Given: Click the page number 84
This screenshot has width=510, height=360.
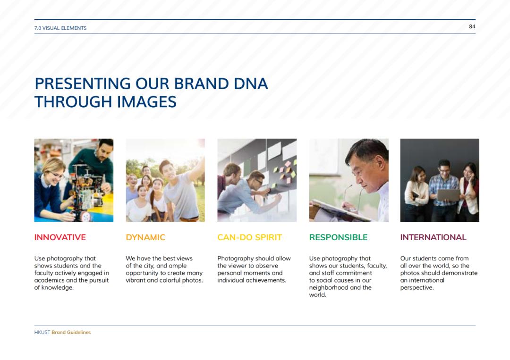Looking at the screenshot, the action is pyautogui.click(x=472, y=26).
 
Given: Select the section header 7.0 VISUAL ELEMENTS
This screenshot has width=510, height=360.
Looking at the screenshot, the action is pyautogui.click(x=60, y=28).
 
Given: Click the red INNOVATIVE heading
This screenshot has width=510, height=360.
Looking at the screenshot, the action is pyautogui.click(x=60, y=237).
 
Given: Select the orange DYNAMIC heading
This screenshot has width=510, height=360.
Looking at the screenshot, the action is pyautogui.click(x=145, y=237).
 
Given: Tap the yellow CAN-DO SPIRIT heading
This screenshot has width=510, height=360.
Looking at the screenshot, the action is pyautogui.click(x=249, y=237).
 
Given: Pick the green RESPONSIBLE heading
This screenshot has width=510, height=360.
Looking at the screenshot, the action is pyautogui.click(x=338, y=237).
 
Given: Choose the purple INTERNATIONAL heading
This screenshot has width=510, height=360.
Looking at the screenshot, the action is pyautogui.click(x=433, y=237).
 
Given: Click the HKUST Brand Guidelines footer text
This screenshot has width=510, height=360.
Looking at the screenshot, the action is pyautogui.click(x=62, y=332).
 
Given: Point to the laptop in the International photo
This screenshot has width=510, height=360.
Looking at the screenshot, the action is pyautogui.click(x=448, y=195).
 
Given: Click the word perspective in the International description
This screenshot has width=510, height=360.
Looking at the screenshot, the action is pyautogui.click(x=417, y=288).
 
